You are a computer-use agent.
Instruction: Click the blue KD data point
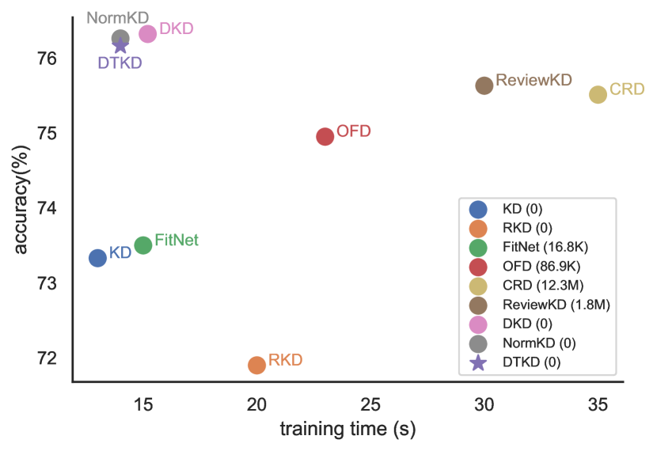pyautogui.click(x=97, y=258)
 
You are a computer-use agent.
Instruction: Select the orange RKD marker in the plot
pyautogui.click(x=256, y=365)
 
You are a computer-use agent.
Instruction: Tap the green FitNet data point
pyautogui.click(x=142, y=245)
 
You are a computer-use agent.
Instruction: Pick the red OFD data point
pyautogui.click(x=325, y=136)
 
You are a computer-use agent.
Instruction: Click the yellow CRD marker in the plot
pyautogui.click(x=598, y=94)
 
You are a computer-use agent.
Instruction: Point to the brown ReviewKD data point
pyautogui.click(x=484, y=85)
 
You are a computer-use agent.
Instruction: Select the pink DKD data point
pyautogui.click(x=147, y=34)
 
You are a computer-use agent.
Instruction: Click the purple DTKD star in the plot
pyautogui.click(x=120, y=46)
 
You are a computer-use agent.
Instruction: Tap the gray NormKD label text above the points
pyautogui.click(x=118, y=17)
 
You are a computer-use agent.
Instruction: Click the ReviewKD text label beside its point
pyautogui.click(x=533, y=81)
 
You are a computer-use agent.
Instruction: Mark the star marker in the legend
pyautogui.click(x=478, y=362)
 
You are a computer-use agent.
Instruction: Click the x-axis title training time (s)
pyautogui.click(x=347, y=430)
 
